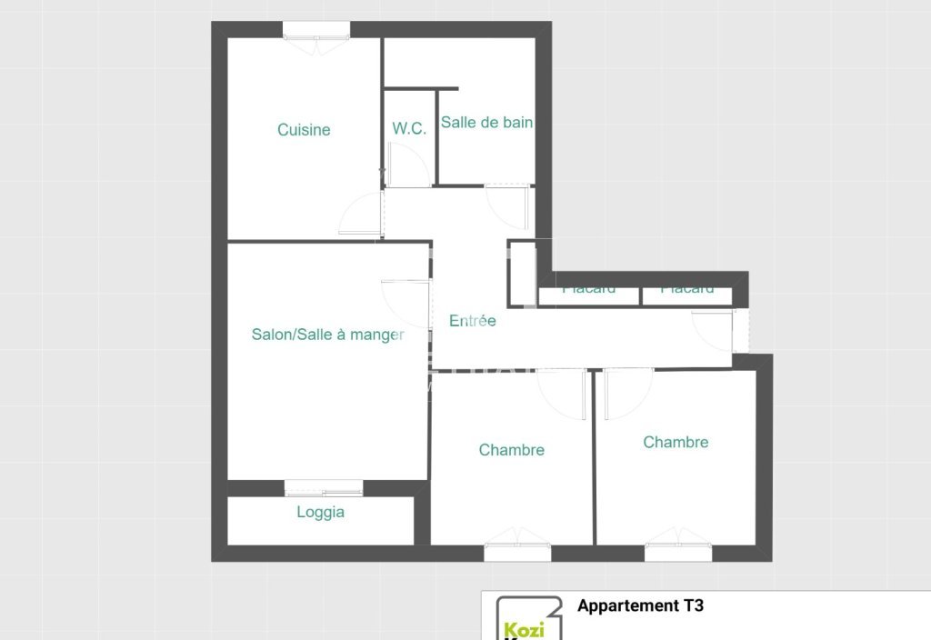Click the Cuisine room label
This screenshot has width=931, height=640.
click(304, 130)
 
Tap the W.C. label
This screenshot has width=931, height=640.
click(409, 129)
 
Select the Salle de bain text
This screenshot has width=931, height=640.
click(486, 122)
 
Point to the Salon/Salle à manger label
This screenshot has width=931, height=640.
click(327, 335)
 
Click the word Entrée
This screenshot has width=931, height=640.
click(473, 321)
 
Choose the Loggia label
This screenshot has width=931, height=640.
click(321, 512)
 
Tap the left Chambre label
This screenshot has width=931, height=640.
click(512, 450)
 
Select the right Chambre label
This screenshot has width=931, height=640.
click(676, 442)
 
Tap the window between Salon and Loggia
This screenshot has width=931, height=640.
click(324, 488)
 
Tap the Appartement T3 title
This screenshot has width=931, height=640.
click(640, 606)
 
